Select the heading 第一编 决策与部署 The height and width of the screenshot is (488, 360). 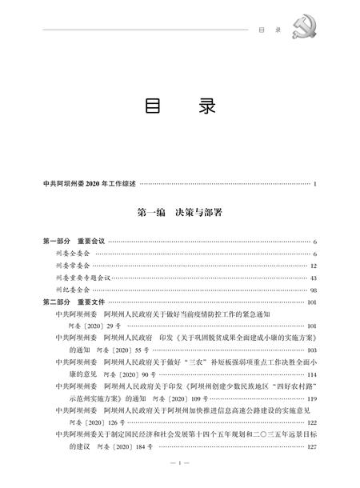coord(179,214)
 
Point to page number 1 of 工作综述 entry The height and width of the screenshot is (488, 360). coord(316,185)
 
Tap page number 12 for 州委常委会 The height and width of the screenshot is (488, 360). coord(314,265)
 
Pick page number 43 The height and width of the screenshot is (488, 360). coord(314,277)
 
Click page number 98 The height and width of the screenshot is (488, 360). coord(314,289)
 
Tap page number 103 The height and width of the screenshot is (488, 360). coord(313,350)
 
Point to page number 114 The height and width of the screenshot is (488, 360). coord(313,374)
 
